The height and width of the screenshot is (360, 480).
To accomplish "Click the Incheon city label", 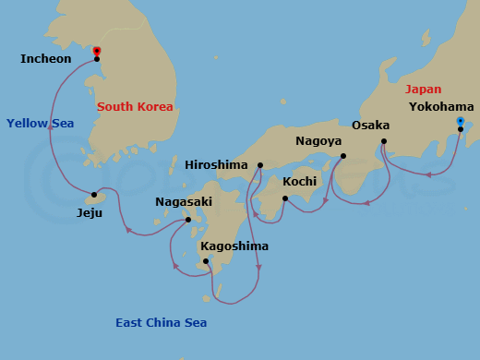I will click(45, 59).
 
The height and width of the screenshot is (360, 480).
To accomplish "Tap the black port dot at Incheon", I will click(97, 59).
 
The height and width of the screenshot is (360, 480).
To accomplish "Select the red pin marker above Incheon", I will click(97, 51).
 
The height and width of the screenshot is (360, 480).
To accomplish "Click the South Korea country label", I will click(136, 107).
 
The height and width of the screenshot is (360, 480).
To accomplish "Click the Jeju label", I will click(90, 212).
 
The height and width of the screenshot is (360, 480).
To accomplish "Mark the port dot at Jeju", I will click(94, 195).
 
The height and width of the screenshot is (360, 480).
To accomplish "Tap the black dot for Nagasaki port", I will click(188, 220).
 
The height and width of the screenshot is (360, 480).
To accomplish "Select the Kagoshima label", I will click(234, 246).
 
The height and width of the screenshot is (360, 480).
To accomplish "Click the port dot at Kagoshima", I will click(206, 261).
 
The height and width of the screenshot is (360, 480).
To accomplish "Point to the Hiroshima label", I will click(217, 165).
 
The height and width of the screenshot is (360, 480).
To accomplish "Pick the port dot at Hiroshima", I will click(260, 165).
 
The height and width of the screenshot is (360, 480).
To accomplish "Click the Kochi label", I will click(299, 182).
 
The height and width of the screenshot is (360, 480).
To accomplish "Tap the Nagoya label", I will click(318, 141).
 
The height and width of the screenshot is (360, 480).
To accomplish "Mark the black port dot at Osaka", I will click(384, 141).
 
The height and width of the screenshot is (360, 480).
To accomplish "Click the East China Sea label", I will click(161, 323).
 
